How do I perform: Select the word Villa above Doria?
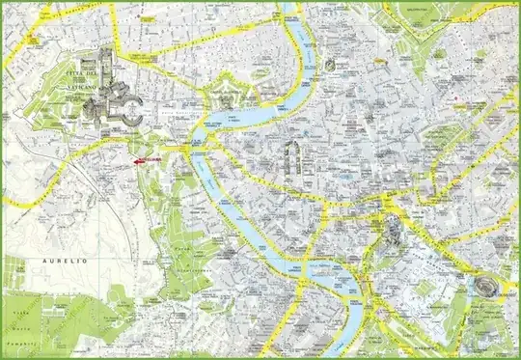click(16, 315)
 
